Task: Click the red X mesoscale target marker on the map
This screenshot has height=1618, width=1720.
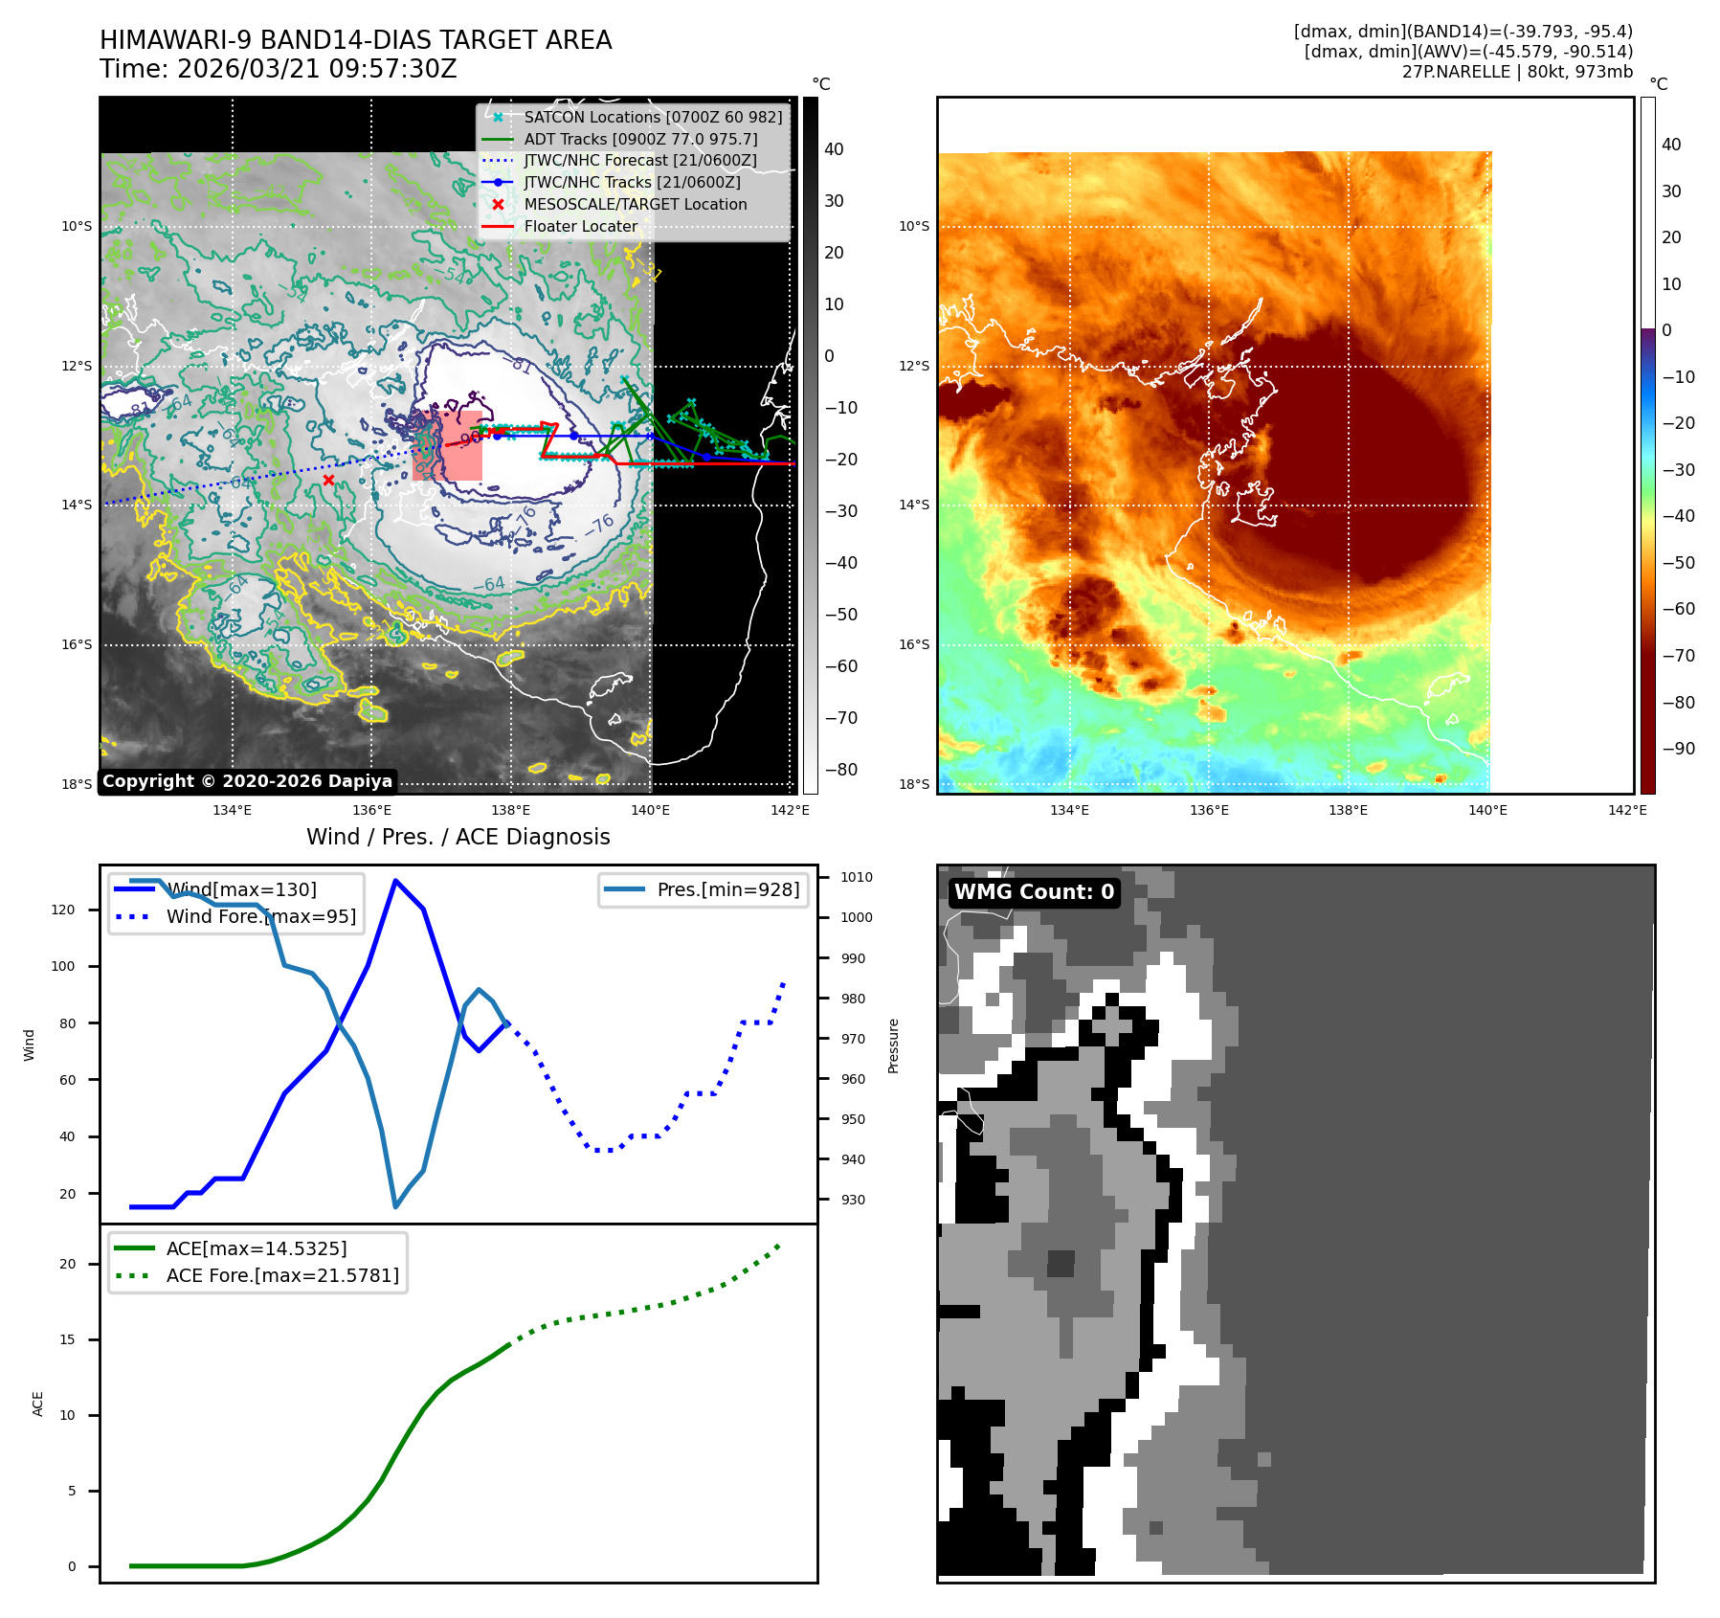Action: [328, 480]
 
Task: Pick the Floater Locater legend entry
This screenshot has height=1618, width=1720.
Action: [580, 227]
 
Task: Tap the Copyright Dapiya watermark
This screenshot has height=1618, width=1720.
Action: [247, 781]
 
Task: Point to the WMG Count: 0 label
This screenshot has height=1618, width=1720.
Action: [1034, 892]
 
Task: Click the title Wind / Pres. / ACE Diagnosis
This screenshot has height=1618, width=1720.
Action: [458, 837]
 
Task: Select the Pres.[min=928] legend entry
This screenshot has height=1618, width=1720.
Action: [727, 889]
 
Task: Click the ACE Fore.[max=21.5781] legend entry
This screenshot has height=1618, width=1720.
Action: [282, 1275]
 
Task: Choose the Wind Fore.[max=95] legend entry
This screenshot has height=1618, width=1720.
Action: [260, 916]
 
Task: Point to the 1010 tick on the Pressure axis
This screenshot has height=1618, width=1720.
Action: [856, 877]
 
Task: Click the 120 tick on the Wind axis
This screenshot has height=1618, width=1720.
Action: [63, 910]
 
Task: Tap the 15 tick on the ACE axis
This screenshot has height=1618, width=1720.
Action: [67, 1339]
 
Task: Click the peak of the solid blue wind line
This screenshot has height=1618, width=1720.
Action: [395, 880]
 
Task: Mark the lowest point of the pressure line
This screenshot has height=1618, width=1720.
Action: [395, 1206]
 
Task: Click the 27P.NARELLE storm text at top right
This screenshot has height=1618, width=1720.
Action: [1516, 72]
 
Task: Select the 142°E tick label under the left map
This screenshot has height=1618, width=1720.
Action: [790, 810]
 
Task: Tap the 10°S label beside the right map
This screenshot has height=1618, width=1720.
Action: [914, 227]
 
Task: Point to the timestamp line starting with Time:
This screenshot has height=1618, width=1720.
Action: [279, 70]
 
